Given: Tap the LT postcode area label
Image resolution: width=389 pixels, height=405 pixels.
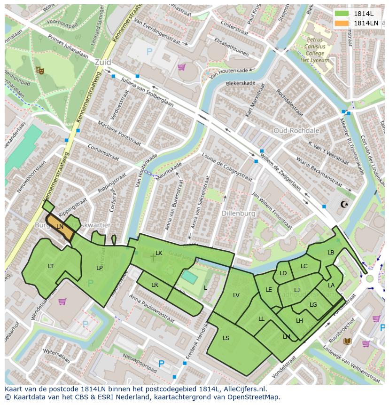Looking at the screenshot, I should (x=51, y=266).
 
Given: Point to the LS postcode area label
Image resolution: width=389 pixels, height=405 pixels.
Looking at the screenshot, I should (x=226, y=338).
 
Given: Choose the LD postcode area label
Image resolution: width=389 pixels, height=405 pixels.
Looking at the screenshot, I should (x=283, y=273).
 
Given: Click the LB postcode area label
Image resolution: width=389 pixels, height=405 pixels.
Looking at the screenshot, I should (x=331, y=253).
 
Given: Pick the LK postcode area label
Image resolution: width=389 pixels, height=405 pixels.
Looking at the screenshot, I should (x=159, y=253).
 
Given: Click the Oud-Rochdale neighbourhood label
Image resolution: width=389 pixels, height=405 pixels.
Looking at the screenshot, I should (x=296, y=130).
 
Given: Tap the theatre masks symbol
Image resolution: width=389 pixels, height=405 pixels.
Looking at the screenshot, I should (x=39, y=70).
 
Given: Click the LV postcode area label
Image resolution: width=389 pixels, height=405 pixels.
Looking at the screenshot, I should (x=236, y=295).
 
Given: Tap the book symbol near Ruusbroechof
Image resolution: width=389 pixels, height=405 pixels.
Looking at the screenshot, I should (x=348, y=341).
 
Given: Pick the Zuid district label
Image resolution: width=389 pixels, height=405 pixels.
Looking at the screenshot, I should (x=102, y=62).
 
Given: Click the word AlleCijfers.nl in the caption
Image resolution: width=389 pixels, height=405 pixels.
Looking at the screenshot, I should (x=244, y=389).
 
